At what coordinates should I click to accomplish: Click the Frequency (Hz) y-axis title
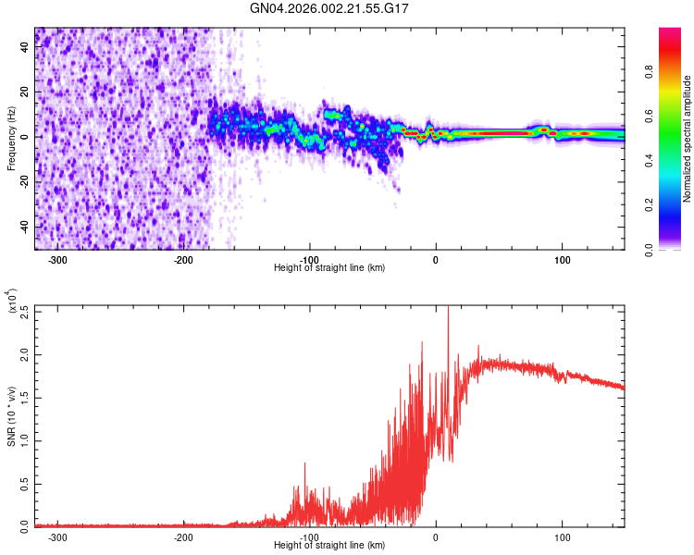click(x=11, y=138)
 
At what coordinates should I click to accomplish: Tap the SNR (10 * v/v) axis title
click(x=11, y=415)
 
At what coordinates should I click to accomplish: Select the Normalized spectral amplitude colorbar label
click(x=688, y=139)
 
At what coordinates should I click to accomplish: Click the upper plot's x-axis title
click(x=329, y=267)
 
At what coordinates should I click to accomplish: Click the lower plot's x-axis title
click(x=329, y=545)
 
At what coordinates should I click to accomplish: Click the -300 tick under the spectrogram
click(x=57, y=259)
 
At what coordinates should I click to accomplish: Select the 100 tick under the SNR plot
click(x=562, y=536)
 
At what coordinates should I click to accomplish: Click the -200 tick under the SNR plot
click(x=183, y=536)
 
